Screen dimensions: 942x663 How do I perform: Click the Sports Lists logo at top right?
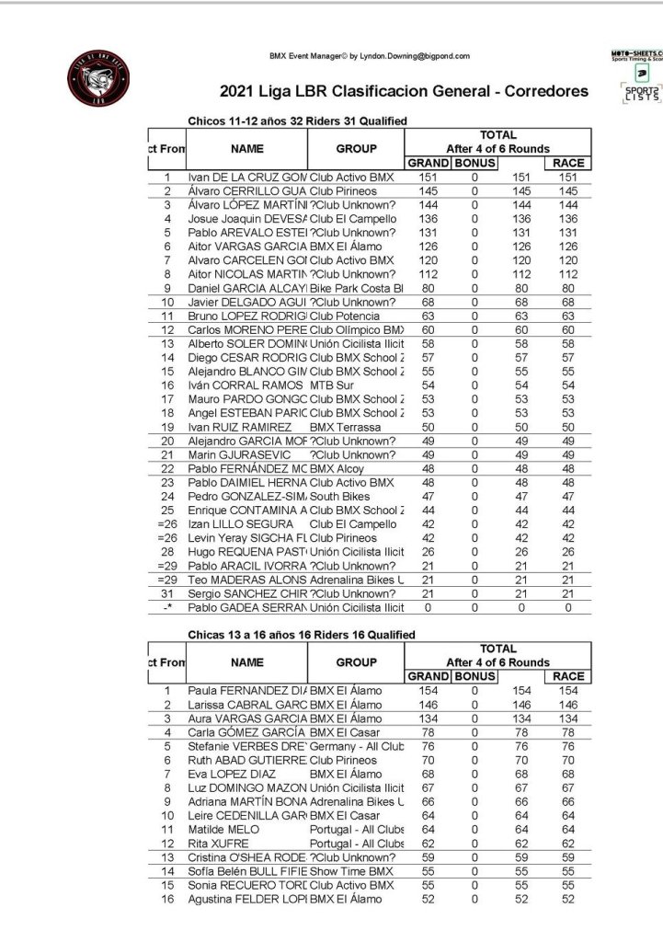641,95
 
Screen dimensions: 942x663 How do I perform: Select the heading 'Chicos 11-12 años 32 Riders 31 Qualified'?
297,121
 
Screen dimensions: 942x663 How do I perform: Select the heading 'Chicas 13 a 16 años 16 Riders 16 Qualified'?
301,634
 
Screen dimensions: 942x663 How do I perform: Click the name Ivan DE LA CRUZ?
246,177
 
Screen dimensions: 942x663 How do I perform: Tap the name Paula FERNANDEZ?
246,690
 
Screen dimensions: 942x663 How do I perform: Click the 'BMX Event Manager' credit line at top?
369,56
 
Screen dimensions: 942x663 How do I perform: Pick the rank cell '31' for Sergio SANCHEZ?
167,593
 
